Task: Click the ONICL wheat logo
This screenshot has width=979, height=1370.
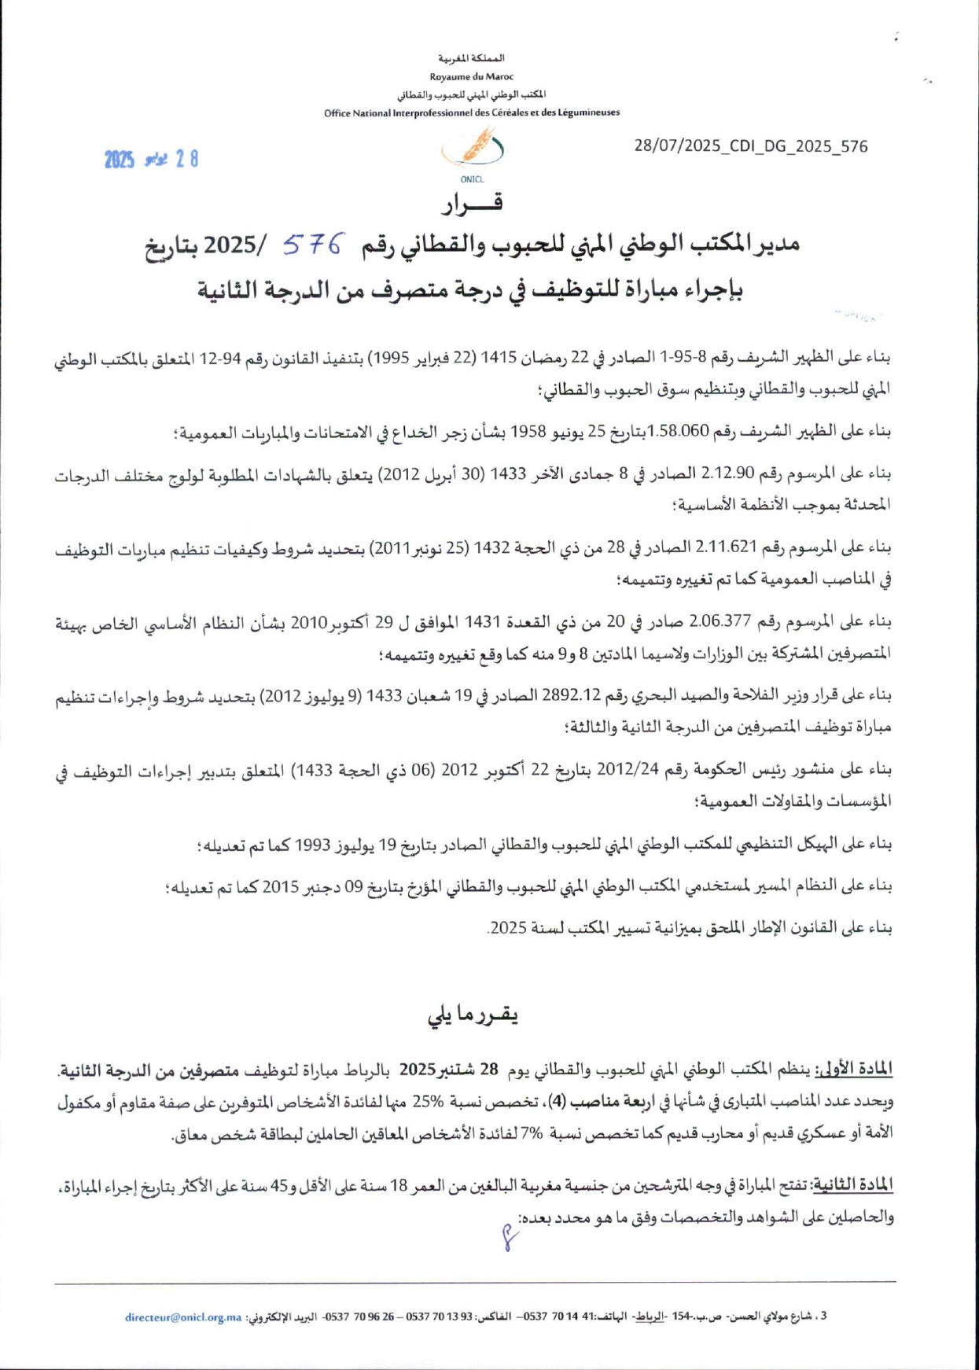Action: [473, 149]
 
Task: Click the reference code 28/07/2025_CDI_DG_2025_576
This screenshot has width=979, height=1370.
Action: [751, 146]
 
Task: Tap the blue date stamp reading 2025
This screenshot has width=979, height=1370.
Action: [120, 160]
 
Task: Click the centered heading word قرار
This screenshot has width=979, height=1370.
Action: [472, 204]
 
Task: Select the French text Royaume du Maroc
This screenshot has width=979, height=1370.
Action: [472, 76]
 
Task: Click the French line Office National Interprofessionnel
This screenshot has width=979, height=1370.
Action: [472, 112]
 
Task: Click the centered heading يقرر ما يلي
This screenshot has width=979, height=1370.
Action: [473, 1015]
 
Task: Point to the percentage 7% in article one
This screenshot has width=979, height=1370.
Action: [533, 1134]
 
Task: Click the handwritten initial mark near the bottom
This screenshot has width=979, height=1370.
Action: [510, 1239]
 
